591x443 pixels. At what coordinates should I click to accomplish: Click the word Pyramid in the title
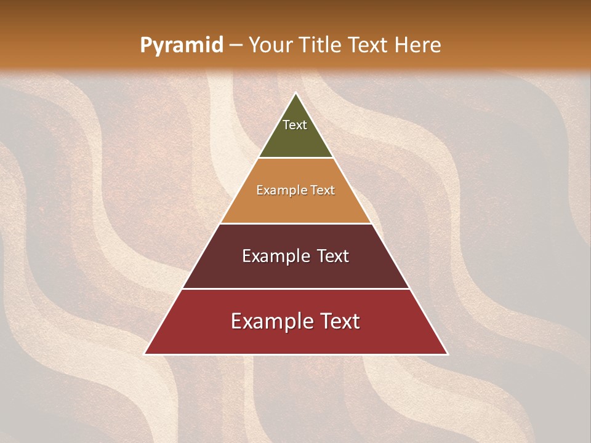181,45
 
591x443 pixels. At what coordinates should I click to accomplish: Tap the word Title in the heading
320,45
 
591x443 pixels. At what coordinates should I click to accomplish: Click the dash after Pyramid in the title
236,46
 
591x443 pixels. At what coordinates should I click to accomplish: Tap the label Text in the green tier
295,125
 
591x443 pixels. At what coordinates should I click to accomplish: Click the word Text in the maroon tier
333,256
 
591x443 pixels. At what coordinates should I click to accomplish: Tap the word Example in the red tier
271,321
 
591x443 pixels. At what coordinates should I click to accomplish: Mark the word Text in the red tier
341,321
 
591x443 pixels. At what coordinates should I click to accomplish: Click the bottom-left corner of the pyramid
145,354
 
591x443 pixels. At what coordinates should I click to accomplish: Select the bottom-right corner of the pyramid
447,354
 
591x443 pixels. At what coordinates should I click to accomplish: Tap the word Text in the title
368,45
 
